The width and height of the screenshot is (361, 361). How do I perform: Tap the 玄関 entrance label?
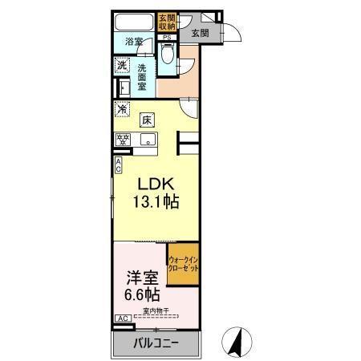tap(201, 34)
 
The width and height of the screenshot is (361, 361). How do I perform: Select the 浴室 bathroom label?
tap(134, 42)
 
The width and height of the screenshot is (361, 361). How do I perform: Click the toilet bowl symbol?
tap(167, 56)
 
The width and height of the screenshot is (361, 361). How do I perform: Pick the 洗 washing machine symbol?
tap(122, 65)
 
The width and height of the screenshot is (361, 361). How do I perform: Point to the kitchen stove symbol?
tap(124, 139)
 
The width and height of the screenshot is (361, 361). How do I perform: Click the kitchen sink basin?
tap(148, 139)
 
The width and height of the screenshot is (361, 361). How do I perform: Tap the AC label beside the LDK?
tap(119, 165)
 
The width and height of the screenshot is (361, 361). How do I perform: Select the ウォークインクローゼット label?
tap(183, 264)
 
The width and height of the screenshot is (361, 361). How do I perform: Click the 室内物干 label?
tap(156, 311)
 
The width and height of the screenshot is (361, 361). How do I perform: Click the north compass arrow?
tap(237, 341)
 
